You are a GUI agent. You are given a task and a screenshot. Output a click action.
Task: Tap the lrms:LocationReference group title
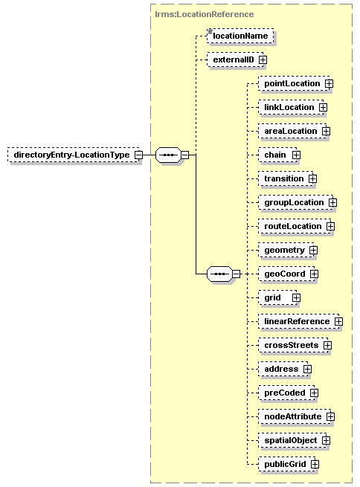204,14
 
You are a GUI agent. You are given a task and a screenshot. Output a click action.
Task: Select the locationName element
240,36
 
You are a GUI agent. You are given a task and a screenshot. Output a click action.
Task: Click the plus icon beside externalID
263,59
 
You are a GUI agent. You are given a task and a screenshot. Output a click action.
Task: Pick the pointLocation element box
294,83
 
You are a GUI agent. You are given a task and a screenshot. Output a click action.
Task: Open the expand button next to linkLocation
323,108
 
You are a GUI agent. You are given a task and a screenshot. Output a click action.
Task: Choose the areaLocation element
292,131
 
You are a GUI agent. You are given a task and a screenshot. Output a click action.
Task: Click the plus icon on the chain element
296,155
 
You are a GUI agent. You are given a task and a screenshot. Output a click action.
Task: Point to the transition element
286,178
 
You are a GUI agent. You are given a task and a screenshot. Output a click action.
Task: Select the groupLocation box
296,202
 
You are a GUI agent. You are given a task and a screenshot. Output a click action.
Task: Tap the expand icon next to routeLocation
330,227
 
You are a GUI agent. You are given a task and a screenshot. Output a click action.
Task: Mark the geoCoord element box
286,274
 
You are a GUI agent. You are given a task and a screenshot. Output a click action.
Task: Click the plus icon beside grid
296,298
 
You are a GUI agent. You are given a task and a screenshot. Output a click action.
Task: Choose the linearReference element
298,321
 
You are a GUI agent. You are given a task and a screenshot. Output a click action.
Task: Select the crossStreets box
293,346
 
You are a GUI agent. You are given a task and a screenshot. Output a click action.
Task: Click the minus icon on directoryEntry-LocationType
138,155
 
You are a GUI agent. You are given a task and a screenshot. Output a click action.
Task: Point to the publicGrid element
286,465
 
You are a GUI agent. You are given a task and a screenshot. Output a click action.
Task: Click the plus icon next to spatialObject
326,440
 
